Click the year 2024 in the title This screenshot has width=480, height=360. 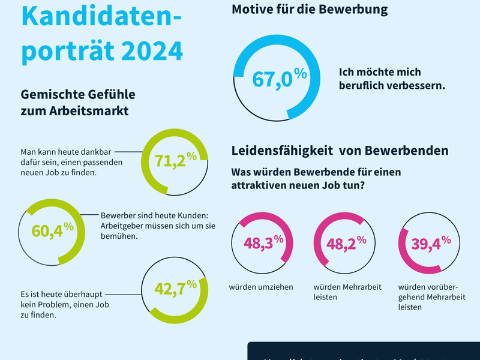(x=152, y=50)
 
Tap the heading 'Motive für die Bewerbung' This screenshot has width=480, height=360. (x=310, y=10)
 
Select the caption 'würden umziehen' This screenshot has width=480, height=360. (x=261, y=287)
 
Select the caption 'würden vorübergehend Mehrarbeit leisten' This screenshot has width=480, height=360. (x=427, y=296)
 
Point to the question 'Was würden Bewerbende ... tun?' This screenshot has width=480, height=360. (x=316, y=179)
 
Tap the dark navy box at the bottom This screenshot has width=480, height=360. (x=364, y=352)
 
